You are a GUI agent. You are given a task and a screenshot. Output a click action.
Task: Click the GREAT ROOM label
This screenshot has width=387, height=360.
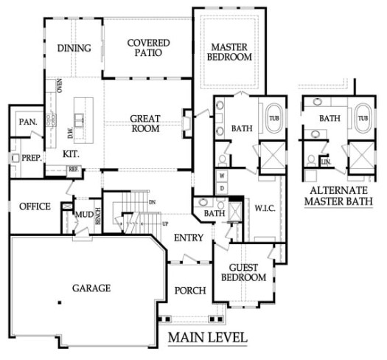click(145, 123)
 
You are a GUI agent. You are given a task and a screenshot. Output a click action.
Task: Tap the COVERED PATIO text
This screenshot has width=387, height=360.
click(149, 48)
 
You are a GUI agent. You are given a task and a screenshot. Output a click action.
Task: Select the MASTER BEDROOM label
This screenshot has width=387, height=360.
click(229, 52)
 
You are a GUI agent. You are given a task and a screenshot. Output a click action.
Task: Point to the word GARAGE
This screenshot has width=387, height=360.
click(91, 288)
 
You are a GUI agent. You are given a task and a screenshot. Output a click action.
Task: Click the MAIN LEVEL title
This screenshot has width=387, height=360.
click(208, 337)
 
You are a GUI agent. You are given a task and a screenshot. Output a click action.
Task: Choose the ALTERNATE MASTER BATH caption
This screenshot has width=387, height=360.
click(338, 196)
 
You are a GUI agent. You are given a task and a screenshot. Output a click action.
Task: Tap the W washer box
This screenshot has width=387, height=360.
click(222, 176)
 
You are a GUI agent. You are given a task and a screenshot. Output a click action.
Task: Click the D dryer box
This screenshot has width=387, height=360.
click(222, 189)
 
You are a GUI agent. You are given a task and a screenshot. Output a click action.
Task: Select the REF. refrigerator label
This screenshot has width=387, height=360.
click(74, 170)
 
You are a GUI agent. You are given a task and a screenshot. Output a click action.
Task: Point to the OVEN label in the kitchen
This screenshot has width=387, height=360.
click(60, 86)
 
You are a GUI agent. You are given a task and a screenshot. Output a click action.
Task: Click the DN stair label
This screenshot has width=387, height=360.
click(153, 202)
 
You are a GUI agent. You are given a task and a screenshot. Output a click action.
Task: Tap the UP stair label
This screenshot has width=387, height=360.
click(165, 224)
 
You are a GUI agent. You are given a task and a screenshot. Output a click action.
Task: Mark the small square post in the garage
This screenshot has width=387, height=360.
click(60, 302)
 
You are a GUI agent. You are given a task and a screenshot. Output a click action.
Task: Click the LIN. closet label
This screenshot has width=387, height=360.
click(326, 162)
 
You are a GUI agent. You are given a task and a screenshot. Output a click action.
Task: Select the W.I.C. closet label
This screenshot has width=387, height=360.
click(265, 208)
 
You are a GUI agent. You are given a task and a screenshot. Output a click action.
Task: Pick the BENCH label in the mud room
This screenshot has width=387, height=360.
click(98, 216)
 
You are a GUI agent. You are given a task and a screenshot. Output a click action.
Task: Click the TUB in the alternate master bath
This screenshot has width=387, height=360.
click(363, 118)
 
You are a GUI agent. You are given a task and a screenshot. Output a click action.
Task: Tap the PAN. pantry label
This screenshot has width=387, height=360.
click(28, 122)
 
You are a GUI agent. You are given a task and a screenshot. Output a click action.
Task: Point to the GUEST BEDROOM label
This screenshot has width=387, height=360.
click(243, 272)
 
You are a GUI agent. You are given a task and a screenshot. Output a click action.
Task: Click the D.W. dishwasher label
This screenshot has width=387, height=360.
click(71, 133)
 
